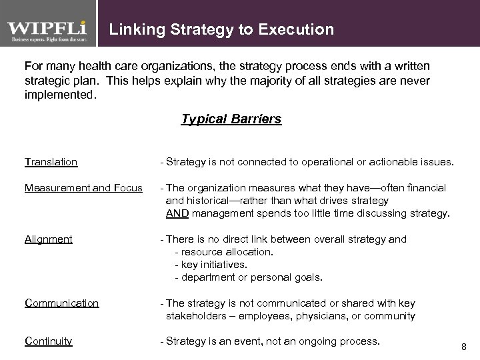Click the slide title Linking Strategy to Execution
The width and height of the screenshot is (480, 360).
[x=221, y=29]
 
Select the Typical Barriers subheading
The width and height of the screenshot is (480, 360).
[x=231, y=119]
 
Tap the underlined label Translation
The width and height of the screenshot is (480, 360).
[x=51, y=162]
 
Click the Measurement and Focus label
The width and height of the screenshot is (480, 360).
[x=83, y=189]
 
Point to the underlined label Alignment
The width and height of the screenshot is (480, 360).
[x=49, y=239]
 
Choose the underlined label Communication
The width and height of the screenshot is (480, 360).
[x=61, y=303]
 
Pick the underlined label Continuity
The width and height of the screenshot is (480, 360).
[x=49, y=341]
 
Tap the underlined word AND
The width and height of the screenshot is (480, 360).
[x=177, y=214]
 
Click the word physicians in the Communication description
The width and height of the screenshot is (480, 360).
[x=322, y=316]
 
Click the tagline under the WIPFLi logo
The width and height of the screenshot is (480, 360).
[x=48, y=39]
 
